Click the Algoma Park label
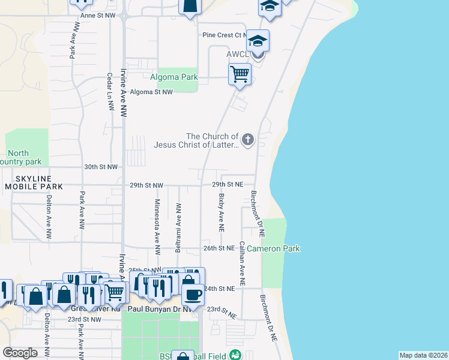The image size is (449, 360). point(164,77)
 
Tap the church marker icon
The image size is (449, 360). point(247,141)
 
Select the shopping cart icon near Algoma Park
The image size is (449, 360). point(240,74)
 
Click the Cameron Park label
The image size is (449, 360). point(273,248)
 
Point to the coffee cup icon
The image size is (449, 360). point(193,295)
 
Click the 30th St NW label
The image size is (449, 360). point(101,167)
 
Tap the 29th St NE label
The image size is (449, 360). point(228,185)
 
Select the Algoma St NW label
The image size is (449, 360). point(151,92)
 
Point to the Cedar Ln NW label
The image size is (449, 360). point(110,92)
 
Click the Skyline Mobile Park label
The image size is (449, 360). point(34,183)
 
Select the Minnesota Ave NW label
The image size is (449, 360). point(158,225)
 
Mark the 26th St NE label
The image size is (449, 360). point(218,248)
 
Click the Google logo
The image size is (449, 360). point(20,353)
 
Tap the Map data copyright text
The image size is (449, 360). point(423,355)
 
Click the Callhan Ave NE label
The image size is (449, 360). point(242,263)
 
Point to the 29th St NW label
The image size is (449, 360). point(146,185)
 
